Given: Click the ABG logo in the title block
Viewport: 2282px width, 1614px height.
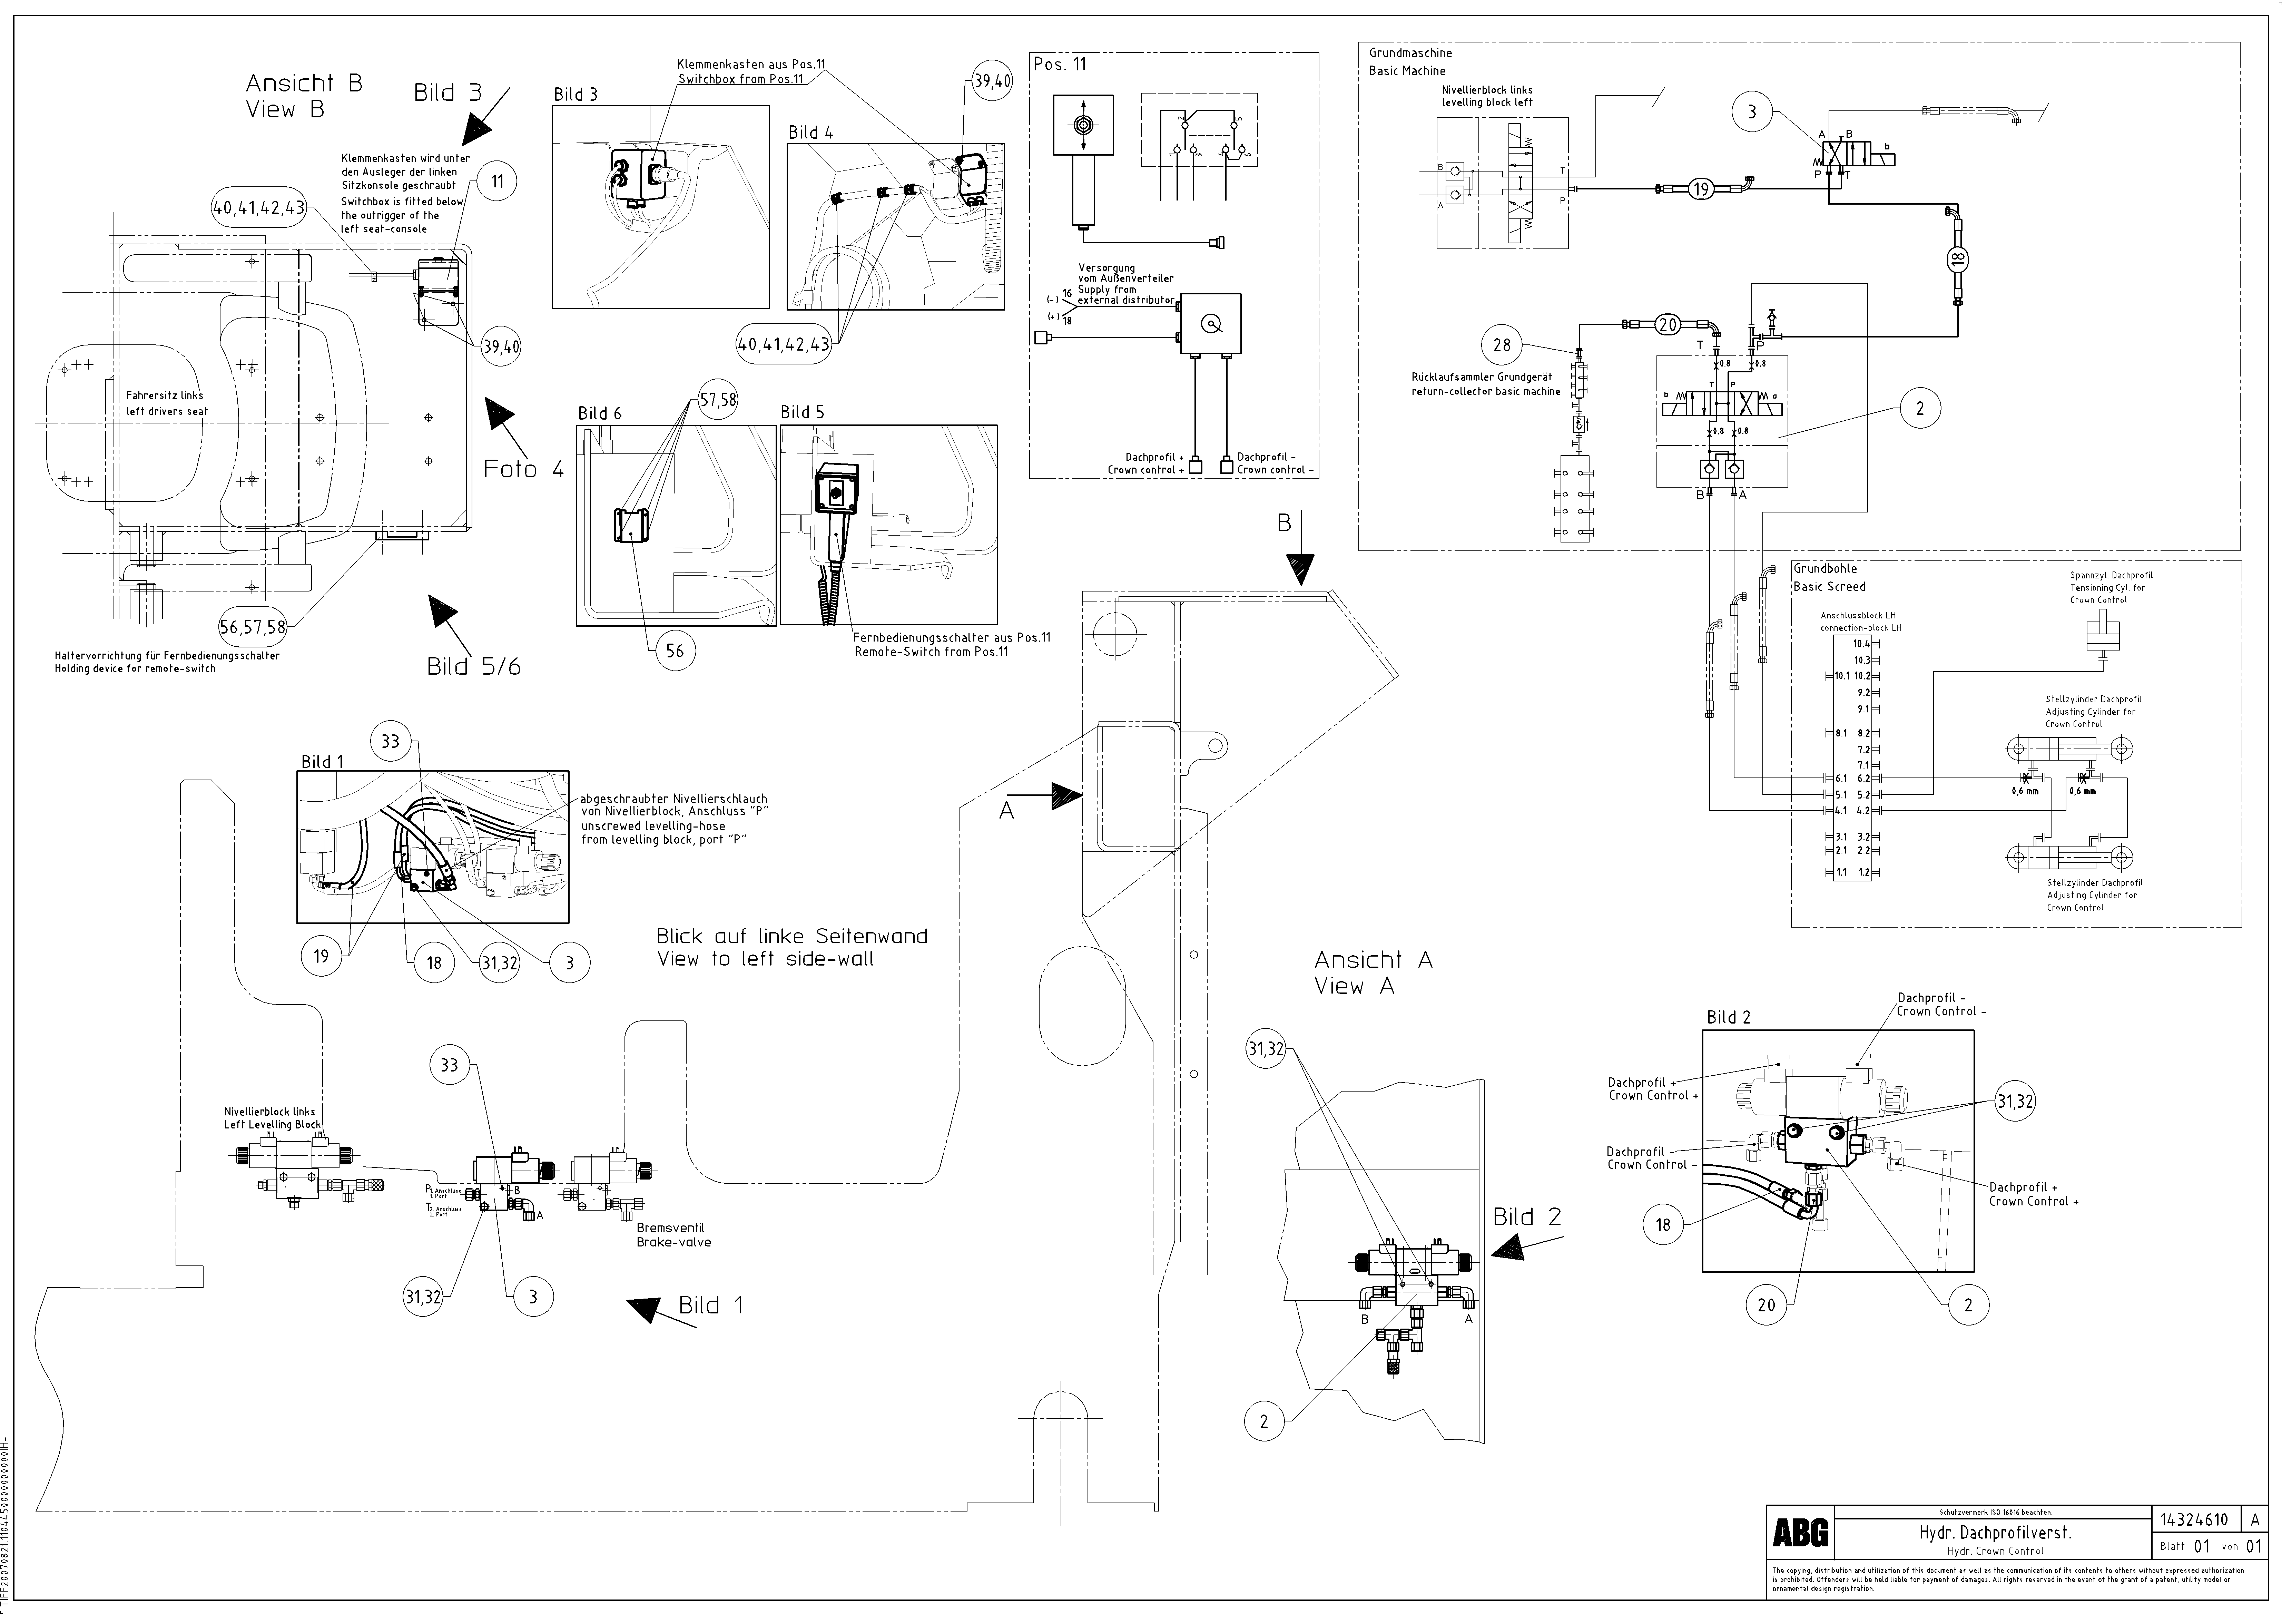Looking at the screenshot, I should tap(1800, 1560).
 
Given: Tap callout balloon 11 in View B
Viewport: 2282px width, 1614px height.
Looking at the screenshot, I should tap(497, 181).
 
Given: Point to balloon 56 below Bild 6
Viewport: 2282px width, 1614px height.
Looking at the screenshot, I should tap(675, 651).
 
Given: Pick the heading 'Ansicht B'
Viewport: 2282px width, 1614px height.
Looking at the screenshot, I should tap(304, 84).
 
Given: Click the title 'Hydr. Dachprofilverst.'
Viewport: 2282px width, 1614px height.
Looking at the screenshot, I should tap(1995, 1560).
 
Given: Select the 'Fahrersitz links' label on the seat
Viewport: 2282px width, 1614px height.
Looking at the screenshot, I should tap(165, 395).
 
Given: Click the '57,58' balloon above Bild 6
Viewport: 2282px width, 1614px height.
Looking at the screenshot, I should tap(718, 400).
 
